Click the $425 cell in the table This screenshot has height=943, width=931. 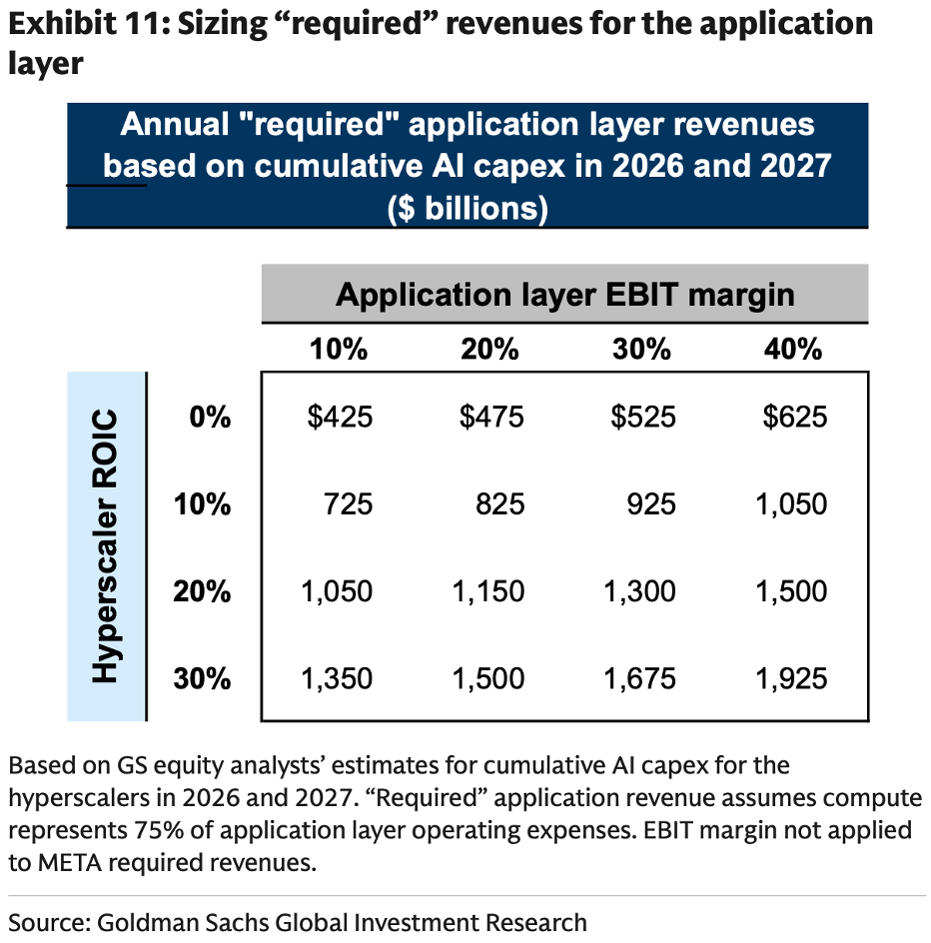[340, 417]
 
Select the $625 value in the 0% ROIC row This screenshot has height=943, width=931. [795, 417]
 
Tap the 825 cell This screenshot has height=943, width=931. [499, 504]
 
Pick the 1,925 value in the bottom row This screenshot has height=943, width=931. [791, 678]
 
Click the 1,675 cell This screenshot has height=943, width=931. [640, 678]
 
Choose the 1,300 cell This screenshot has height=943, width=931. [640, 591]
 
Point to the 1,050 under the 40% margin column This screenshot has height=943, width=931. [791, 504]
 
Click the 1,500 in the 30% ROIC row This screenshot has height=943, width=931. [488, 678]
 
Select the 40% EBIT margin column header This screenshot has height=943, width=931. [793, 350]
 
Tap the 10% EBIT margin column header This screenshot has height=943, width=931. [339, 350]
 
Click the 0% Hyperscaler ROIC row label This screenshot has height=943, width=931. [210, 417]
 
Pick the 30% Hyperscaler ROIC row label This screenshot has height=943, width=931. [202, 678]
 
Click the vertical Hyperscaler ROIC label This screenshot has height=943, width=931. [105, 546]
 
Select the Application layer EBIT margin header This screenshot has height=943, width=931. [565, 295]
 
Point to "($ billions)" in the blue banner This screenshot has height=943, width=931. [467, 208]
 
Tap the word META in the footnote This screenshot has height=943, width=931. [70, 863]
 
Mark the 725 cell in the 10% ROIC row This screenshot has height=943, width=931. [349, 504]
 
